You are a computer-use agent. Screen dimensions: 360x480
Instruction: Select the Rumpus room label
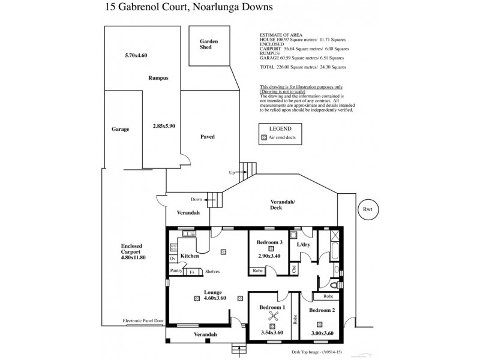point(158,79)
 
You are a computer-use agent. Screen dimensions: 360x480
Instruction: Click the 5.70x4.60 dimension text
point(136,56)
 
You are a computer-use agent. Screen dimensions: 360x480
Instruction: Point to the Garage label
point(121,129)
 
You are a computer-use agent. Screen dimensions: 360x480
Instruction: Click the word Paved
point(207,137)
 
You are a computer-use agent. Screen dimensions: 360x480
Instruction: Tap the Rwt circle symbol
point(365,209)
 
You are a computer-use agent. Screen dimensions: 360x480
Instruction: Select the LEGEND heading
point(280,129)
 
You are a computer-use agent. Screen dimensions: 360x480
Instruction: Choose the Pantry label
point(176,271)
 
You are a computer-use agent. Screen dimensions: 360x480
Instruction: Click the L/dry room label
point(304,244)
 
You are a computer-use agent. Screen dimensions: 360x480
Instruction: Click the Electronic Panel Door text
point(143,321)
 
